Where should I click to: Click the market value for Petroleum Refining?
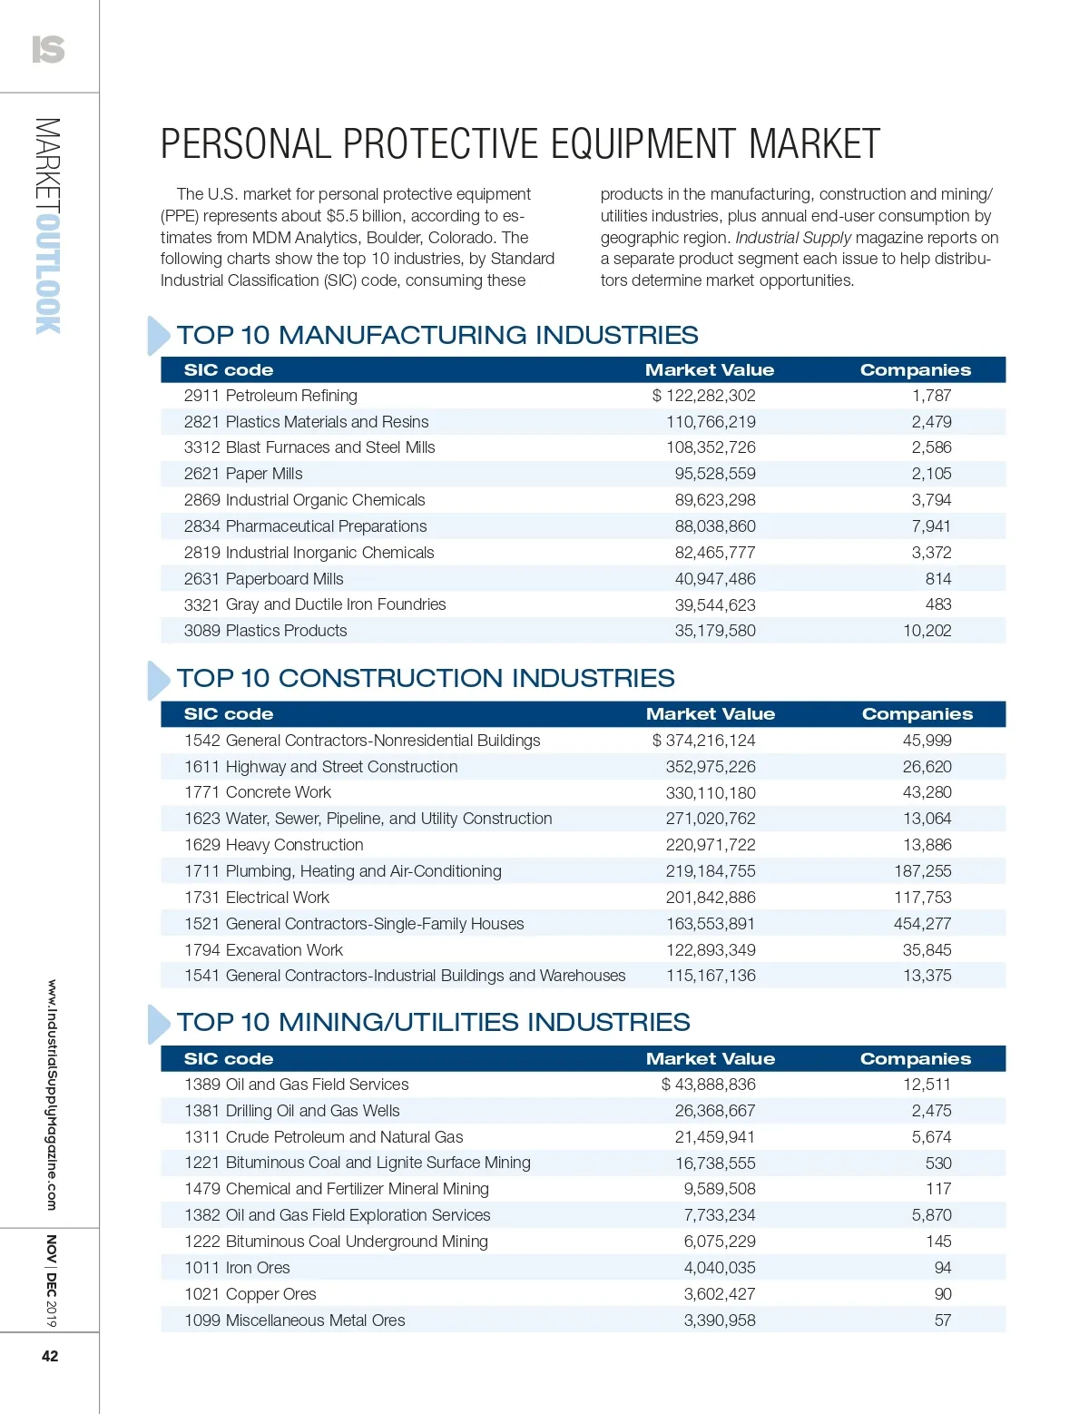(704, 396)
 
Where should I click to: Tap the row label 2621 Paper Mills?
(243, 474)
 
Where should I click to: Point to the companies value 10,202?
(927, 631)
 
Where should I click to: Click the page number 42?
(50, 1356)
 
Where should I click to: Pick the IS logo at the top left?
(48, 49)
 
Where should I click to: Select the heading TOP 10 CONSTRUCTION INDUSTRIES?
(426, 679)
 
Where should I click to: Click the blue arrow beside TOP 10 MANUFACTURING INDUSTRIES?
(158, 336)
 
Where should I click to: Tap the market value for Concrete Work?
(711, 793)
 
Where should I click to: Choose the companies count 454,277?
(922, 924)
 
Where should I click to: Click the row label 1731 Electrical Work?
(257, 898)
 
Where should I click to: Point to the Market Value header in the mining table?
(711, 1059)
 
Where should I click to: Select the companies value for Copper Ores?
(943, 1294)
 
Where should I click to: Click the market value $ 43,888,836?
(709, 1085)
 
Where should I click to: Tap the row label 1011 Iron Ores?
(237, 1268)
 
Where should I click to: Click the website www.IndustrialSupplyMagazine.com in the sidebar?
(52, 1095)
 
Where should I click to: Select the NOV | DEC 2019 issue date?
(52, 1281)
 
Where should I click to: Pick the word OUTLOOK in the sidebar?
(49, 273)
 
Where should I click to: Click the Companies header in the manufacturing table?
(915, 370)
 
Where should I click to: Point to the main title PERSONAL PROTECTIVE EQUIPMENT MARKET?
(520, 144)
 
